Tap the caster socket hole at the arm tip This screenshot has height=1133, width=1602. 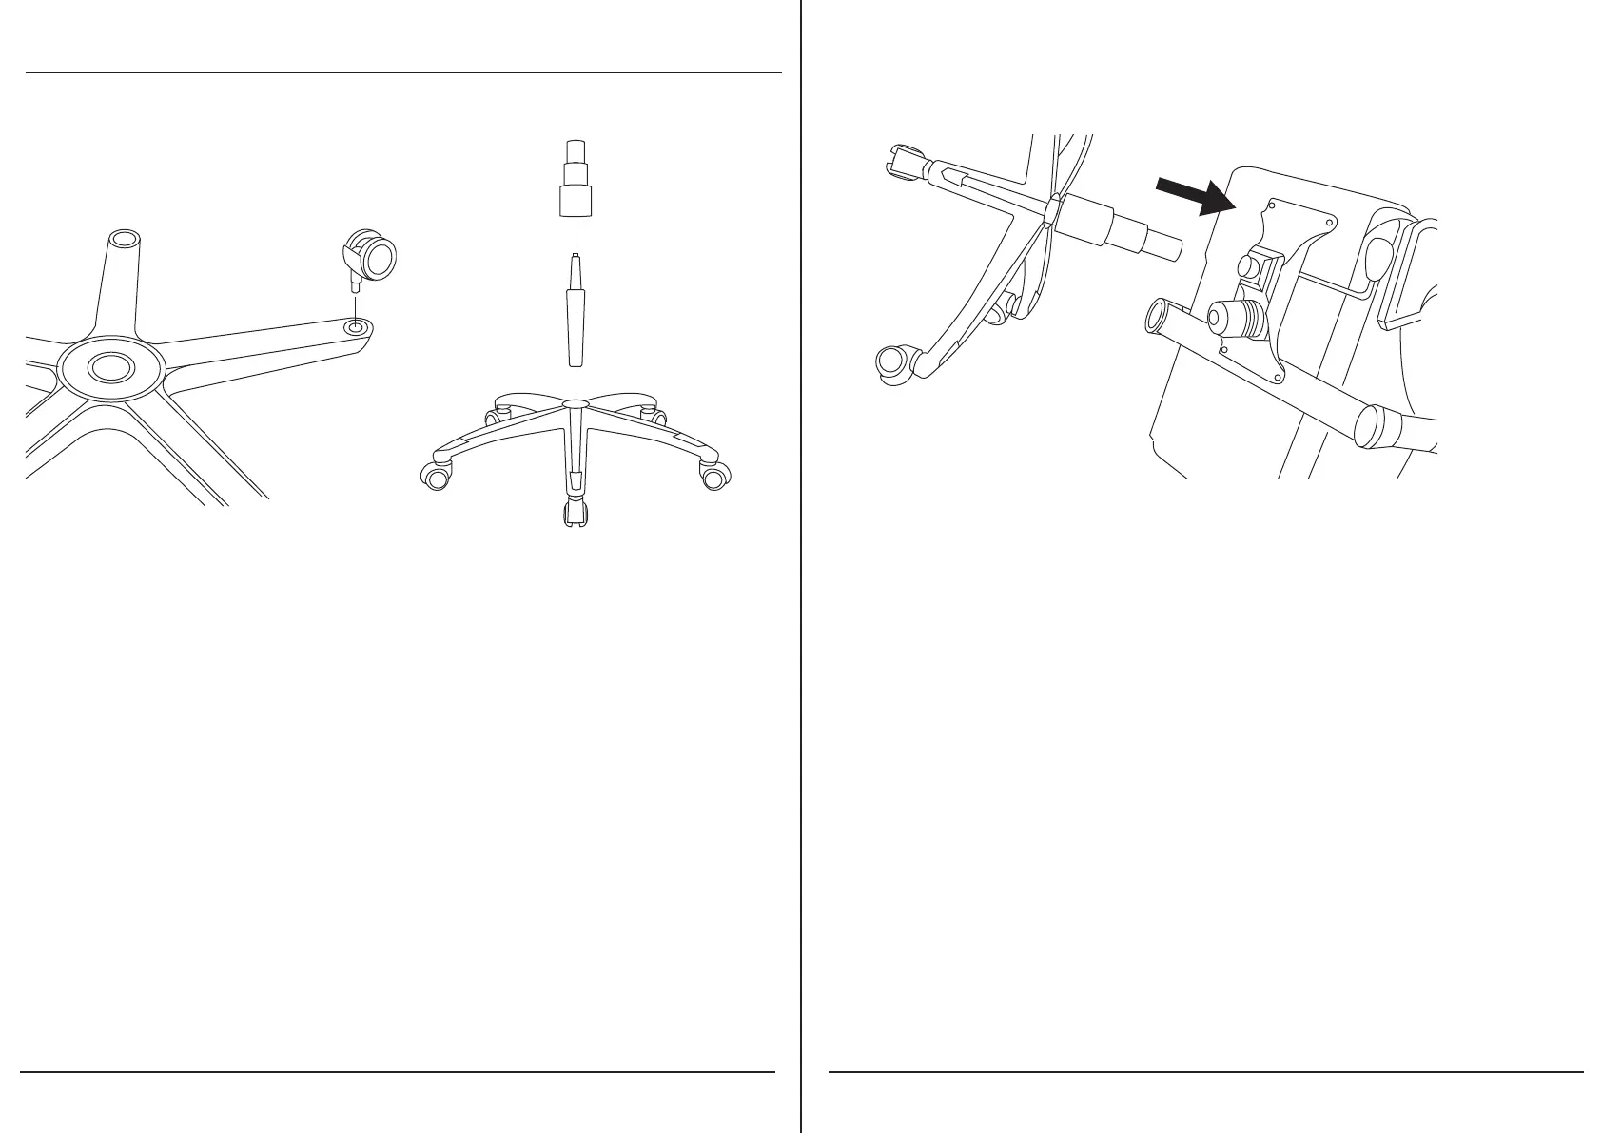[x=357, y=326]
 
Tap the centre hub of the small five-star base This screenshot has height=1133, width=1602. [x=574, y=404]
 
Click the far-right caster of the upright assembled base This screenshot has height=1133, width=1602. [x=713, y=477]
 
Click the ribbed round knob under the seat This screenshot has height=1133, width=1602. [x=1234, y=319]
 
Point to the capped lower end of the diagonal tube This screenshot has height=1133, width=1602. [x=1375, y=428]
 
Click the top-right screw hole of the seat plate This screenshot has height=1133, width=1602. [x=1329, y=221]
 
